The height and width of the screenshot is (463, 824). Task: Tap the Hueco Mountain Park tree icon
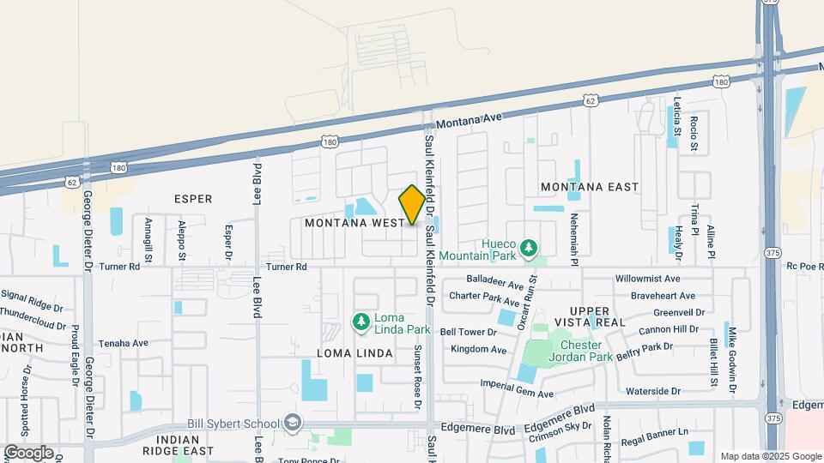[x=530, y=249]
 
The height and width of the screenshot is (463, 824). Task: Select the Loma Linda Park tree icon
[x=361, y=322]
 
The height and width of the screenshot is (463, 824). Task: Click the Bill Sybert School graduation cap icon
[x=293, y=424]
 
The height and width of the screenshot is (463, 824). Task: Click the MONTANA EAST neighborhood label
[x=590, y=187]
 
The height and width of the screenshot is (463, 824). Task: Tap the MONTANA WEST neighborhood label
[x=354, y=223]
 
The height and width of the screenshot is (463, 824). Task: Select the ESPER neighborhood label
[x=192, y=199]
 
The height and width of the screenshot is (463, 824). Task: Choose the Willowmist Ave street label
[x=648, y=279]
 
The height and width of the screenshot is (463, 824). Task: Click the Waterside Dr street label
[x=653, y=391]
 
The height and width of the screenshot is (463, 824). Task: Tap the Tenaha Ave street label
[x=123, y=343]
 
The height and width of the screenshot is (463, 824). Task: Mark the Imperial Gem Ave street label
[x=517, y=388]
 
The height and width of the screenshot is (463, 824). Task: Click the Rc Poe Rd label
[x=804, y=266]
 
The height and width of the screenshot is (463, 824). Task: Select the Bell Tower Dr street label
[x=468, y=332]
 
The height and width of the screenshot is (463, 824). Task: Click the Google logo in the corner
[x=28, y=452]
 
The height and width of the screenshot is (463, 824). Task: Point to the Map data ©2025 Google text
[x=770, y=456]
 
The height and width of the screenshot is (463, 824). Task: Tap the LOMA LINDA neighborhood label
[x=354, y=353]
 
